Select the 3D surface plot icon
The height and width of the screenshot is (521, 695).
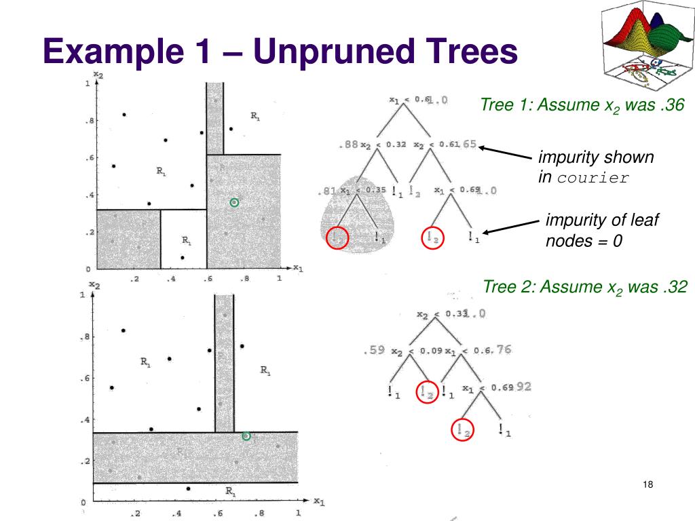tap(645, 45)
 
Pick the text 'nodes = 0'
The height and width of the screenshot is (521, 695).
tap(584, 241)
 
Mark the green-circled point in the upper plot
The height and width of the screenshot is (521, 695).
tap(234, 202)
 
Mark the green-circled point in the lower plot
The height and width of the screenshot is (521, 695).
tap(246, 436)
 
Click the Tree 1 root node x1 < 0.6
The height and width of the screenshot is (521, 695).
tap(410, 100)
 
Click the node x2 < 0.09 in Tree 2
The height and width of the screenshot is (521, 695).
tap(417, 351)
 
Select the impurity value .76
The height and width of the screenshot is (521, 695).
tap(503, 350)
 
